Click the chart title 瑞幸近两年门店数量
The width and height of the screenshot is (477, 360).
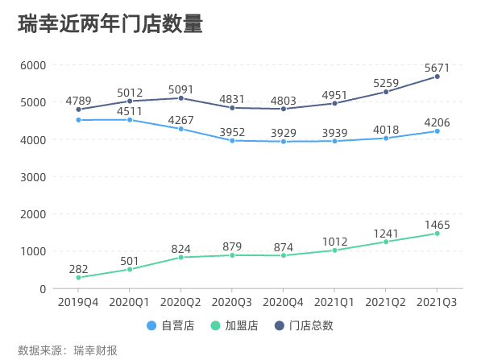pos(110,24)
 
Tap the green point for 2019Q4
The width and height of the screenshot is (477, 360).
pos(78,278)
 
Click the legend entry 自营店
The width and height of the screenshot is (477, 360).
pos(170,326)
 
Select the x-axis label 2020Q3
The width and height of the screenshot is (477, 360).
pos(231,301)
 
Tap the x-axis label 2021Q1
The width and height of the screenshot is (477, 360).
pos(334,301)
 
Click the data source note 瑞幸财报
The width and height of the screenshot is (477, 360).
pos(95,350)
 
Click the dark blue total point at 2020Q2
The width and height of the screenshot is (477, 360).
pos(180,98)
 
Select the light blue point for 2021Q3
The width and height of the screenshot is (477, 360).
pos(437,131)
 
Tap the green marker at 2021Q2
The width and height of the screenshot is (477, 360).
pos(386,242)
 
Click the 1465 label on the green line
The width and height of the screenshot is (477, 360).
pos(437,225)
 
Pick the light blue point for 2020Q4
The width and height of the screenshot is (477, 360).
pos(283,142)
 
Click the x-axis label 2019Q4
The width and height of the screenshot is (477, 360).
pos(78,301)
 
